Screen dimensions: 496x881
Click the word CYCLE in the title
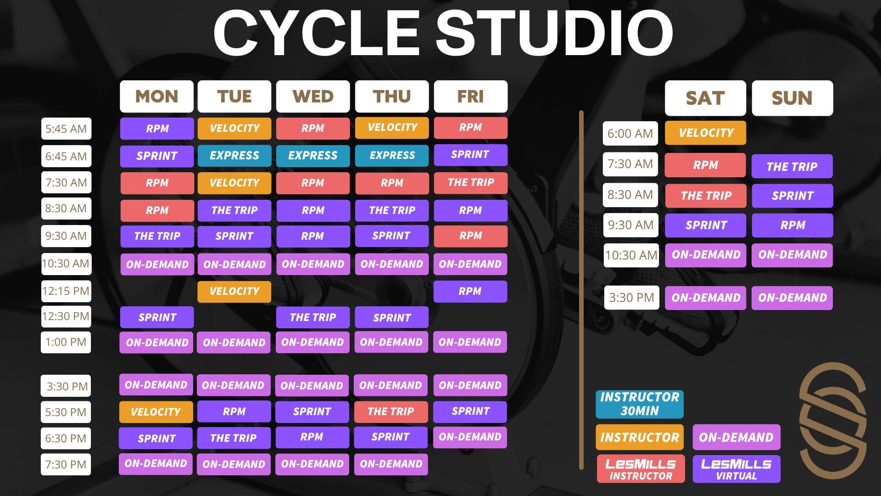316,33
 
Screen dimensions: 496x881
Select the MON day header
156,96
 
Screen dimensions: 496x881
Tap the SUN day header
792,98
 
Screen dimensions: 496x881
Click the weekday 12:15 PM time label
66,291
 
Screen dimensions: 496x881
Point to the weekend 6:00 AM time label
630,133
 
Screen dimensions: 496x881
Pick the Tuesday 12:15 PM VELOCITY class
234,291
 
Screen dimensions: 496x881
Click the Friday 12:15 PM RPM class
470,291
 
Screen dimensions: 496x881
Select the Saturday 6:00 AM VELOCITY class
705,133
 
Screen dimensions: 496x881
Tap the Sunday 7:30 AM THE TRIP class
792,166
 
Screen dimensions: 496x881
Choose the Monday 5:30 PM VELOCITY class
156,411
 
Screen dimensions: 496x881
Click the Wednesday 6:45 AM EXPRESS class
312,156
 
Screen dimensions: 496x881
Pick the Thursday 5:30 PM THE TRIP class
391,411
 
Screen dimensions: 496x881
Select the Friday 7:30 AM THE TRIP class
470,182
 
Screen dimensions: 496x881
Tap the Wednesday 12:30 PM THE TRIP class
312,317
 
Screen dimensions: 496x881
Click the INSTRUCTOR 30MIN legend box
639,404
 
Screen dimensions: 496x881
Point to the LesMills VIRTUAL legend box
736,469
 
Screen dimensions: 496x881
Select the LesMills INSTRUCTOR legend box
641,469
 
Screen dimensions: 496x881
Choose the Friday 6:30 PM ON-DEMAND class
470,437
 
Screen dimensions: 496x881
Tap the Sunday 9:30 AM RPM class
792,225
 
